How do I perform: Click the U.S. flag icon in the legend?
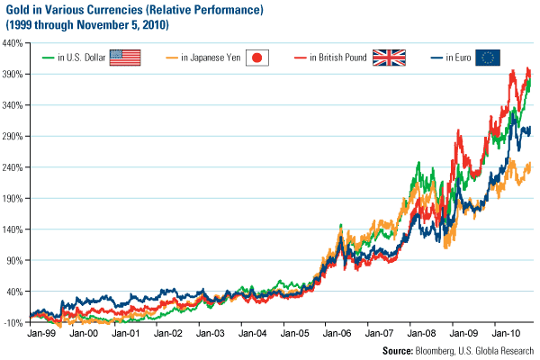(128, 58)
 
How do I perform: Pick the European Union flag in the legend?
(489, 58)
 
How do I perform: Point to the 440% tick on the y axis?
(14, 43)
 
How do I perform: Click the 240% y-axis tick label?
(14, 167)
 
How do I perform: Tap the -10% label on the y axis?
(14, 322)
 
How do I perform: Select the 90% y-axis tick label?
(16, 260)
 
